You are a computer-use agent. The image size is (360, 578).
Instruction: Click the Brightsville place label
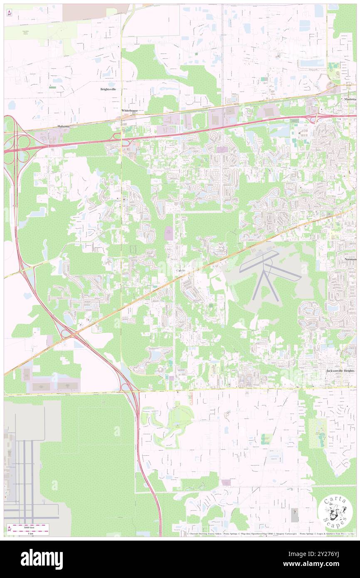click(108, 89)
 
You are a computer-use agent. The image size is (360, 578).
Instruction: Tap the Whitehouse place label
click(129, 111)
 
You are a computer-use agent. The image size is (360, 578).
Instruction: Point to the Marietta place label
click(350, 99)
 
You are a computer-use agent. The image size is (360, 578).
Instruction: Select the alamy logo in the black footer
click(42, 559)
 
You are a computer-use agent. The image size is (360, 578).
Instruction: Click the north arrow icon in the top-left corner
click(9, 12)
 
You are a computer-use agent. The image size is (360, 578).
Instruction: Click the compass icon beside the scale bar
click(9, 529)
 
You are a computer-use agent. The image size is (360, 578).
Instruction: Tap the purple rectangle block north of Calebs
click(169, 233)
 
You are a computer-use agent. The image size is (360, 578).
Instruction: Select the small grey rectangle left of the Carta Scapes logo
click(294, 515)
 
